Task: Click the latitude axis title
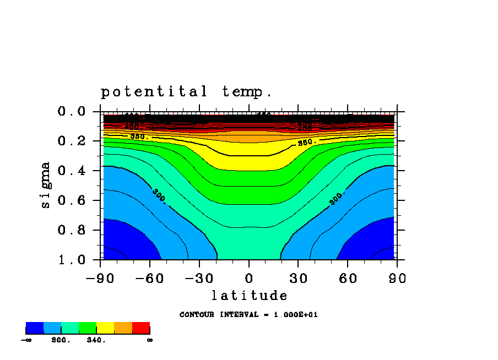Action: click(x=250, y=296)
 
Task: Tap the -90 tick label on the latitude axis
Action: click(x=99, y=279)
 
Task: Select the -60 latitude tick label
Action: click(x=149, y=279)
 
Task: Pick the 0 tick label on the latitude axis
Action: click(x=249, y=279)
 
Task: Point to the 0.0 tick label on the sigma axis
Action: click(x=71, y=112)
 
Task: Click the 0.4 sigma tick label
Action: click(x=71, y=171)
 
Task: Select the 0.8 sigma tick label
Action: click(x=71, y=230)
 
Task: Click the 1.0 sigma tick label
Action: click(x=71, y=259)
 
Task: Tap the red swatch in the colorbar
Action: click(x=141, y=328)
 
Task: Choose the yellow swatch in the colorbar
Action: click(x=105, y=328)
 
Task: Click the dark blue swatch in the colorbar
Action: click(x=35, y=328)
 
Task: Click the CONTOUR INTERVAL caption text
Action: click(x=248, y=315)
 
